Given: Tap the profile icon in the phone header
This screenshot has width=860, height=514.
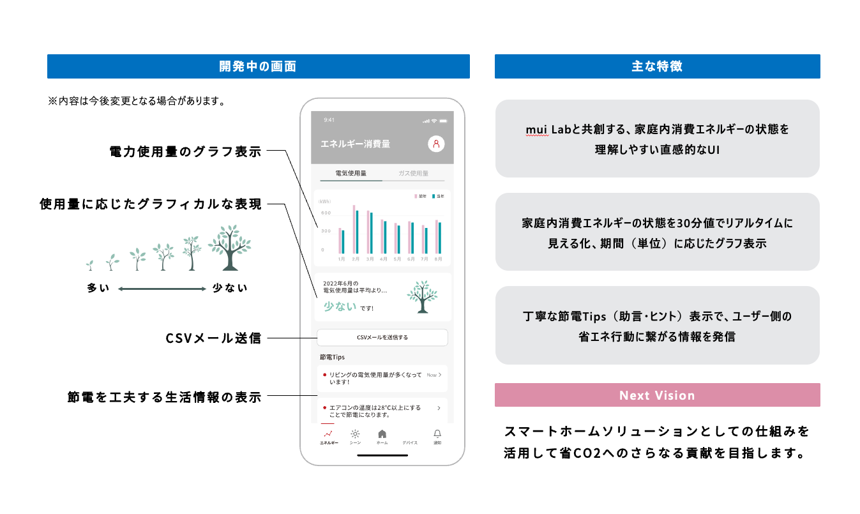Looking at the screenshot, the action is pos(436,144).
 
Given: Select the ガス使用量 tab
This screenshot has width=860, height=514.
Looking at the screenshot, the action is pos(418,173).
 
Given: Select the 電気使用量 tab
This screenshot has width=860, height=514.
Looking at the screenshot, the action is pos(351,173).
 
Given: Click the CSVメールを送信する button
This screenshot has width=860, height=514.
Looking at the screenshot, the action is pos(382,337).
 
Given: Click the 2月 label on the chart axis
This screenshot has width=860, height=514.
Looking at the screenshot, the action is pos(355,259).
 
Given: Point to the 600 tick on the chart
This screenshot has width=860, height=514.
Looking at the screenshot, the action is pos(326,213).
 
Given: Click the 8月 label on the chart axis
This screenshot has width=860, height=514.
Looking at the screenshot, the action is pos(439,259).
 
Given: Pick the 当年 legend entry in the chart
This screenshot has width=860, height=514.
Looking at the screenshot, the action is pos(437,196).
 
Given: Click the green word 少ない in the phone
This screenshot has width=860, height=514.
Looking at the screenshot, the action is pos(340,306).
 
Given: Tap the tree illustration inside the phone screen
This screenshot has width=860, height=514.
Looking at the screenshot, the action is pos(422,296).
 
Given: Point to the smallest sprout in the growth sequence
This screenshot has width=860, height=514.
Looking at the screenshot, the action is pos(90,264).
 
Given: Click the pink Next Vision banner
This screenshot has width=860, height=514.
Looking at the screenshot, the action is pos(657,395).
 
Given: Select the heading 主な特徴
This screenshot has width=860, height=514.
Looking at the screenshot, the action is pos(657,66).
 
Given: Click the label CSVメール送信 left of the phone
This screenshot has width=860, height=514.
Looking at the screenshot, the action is pos(213,338).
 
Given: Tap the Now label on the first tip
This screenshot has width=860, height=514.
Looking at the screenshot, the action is pos(432,375).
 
